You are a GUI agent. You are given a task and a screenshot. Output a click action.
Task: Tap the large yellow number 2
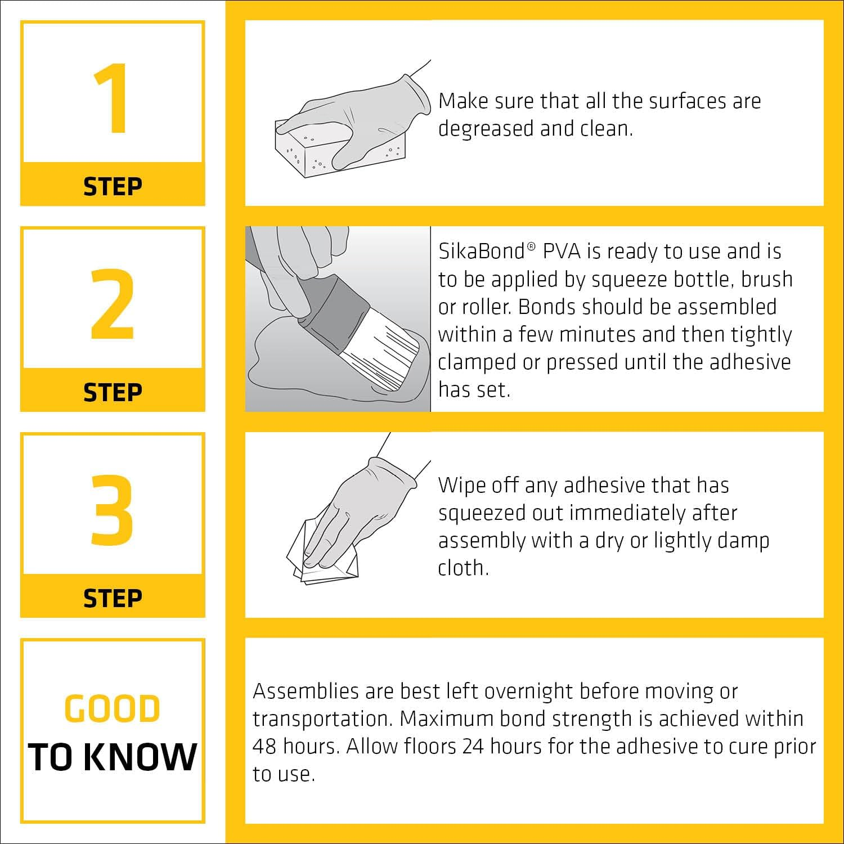click(113, 304)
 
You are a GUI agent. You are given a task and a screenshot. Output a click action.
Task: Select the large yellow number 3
click(113, 510)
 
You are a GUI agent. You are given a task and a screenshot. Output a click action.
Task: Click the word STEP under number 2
click(113, 392)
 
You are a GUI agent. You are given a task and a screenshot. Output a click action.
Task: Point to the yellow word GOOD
click(113, 708)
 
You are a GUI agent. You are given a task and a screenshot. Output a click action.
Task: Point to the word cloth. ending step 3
click(463, 568)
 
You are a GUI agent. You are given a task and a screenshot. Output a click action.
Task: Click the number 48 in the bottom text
click(264, 747)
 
